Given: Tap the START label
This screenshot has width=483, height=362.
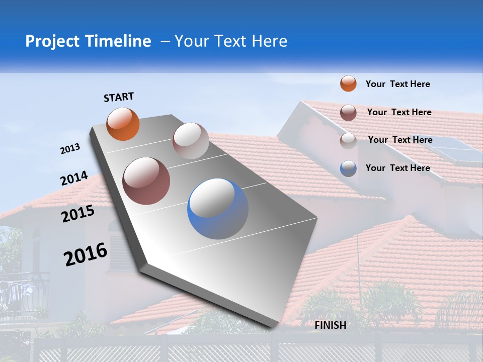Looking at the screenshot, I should (x=119, y=97).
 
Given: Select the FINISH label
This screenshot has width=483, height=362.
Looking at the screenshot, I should (x=330, y=325).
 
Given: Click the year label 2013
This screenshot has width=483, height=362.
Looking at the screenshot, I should (x=70, y=149).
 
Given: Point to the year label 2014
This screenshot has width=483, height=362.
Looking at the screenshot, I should (x=74, y=178).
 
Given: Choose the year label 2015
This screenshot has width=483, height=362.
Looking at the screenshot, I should (x=78, y=214).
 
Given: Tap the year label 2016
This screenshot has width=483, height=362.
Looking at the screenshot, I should (x=86, y=254).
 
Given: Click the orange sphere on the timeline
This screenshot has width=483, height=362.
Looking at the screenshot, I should (x=123, y=124).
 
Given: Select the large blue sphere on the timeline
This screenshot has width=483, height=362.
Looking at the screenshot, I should (x=218, y=209).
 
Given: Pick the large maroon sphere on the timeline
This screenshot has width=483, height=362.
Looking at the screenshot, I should (x=146, y=181).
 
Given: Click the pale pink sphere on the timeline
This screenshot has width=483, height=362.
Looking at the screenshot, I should (x=191, y=141).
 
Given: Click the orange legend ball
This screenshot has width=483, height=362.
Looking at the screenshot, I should (x=348, y=83).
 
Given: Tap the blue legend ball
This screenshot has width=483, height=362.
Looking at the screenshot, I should (x=348, y=168).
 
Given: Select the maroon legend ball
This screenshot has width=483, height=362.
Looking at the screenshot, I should (x=348, y=113).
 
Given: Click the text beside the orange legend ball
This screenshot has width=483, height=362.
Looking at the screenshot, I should (x=397, y=84).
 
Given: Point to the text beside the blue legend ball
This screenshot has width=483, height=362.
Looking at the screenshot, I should (x=397, y=168).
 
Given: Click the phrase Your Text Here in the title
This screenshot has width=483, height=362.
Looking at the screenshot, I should (x=231, y=41).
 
